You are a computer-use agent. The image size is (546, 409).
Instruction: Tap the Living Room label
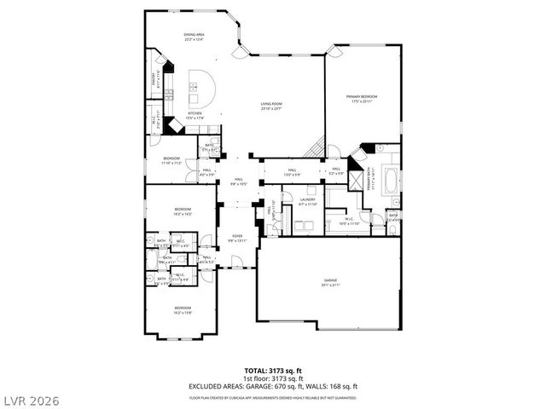pyautogui.click(x=271, y=105)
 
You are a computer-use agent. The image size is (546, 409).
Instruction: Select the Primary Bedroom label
pyautogui.click(x=362, y=98)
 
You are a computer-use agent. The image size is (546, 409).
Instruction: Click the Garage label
pyautogui.click(x=329, y=281)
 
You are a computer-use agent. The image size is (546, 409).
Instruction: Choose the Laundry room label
pyautogui.click(x=307, y=201)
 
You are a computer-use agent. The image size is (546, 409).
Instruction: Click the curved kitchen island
pyautogui.click(x=199, y=85)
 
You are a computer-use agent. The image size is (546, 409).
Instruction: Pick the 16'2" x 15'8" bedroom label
pyautogui.click(x=183, y=309)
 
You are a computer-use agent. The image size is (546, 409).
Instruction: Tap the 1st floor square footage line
pyautogui.click(x=272, y=377)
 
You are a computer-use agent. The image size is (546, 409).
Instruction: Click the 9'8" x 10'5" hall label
pyautogui.click(x=238, y=181)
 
